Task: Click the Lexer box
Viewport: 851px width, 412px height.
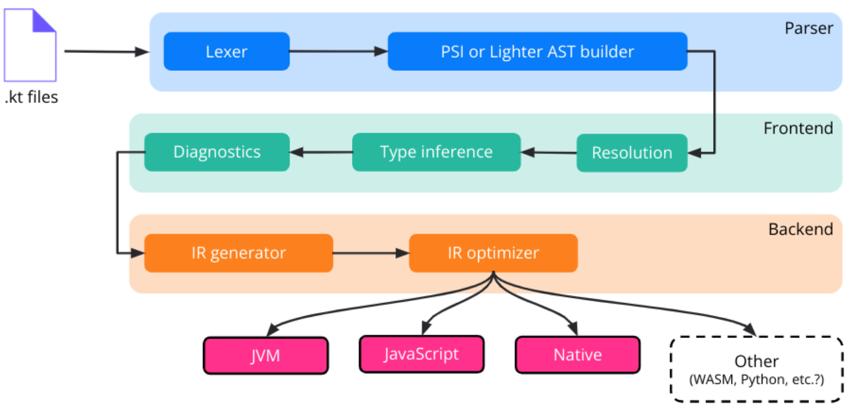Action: pos(227,51)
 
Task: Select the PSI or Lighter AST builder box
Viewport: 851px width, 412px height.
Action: pos(537,51)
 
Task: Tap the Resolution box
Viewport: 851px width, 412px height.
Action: pos(632,153)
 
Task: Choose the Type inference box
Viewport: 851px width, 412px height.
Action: pos(436,152)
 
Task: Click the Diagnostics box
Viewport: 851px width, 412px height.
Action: pos(217,152)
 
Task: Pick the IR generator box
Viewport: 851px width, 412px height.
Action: pos(238,253)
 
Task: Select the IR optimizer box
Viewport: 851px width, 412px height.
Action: pos(493,253)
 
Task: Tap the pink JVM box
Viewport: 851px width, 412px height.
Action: pos(265,356)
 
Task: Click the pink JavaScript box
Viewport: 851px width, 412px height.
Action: pos(421,354)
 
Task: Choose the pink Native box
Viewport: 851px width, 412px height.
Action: pos(577,355)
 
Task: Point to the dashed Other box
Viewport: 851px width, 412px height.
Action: pos(756,369)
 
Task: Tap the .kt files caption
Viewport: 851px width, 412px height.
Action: pos(31,98)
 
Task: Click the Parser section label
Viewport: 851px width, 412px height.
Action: pos(808,28)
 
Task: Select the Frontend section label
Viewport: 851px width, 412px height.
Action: pos(798,128)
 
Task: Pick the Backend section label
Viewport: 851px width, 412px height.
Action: pos(800,229)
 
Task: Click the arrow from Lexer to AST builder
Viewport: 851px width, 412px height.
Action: pos(338,51)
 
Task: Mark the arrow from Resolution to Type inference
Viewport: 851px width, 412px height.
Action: pos(548,152)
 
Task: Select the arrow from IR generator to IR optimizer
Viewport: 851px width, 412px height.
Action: pos(370,253)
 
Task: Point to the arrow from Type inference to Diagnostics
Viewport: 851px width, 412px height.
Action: pos(320,152)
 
